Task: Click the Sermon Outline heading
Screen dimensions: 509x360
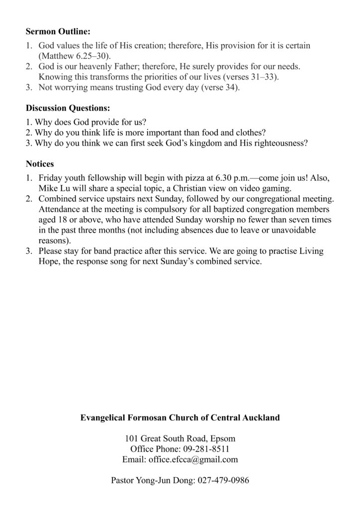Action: click(x=58, y=32)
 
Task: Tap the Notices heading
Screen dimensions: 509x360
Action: click(x=40, y=164)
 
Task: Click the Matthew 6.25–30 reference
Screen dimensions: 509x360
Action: click(x=74, y=55)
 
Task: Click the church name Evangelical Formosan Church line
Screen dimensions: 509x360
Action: click(x=180, y=418)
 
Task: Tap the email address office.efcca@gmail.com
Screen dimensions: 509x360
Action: click(x=193, y=460)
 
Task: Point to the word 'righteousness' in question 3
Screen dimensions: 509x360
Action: click(x=278, y=143)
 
